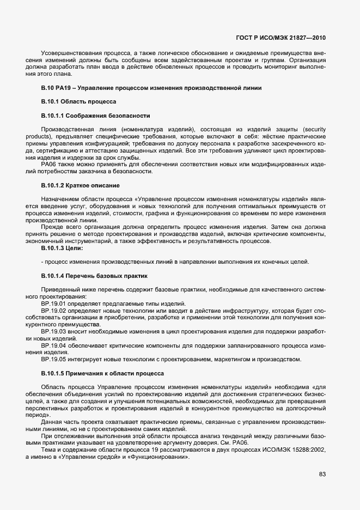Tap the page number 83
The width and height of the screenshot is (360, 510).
pos(322,474)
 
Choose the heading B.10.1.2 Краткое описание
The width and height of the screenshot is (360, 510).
pos(80,186)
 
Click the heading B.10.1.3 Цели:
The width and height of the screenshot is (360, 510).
pos(62,248)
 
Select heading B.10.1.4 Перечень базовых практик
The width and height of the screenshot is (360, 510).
pos(94,277)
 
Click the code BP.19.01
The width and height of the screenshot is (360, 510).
pos(53,303)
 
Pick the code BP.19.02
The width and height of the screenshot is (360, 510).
pos(53,311)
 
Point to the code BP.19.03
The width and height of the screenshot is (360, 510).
pos(53,331)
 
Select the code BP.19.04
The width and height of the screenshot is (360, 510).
pos(53,345)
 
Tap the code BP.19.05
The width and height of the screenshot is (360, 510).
pos(53,360)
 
